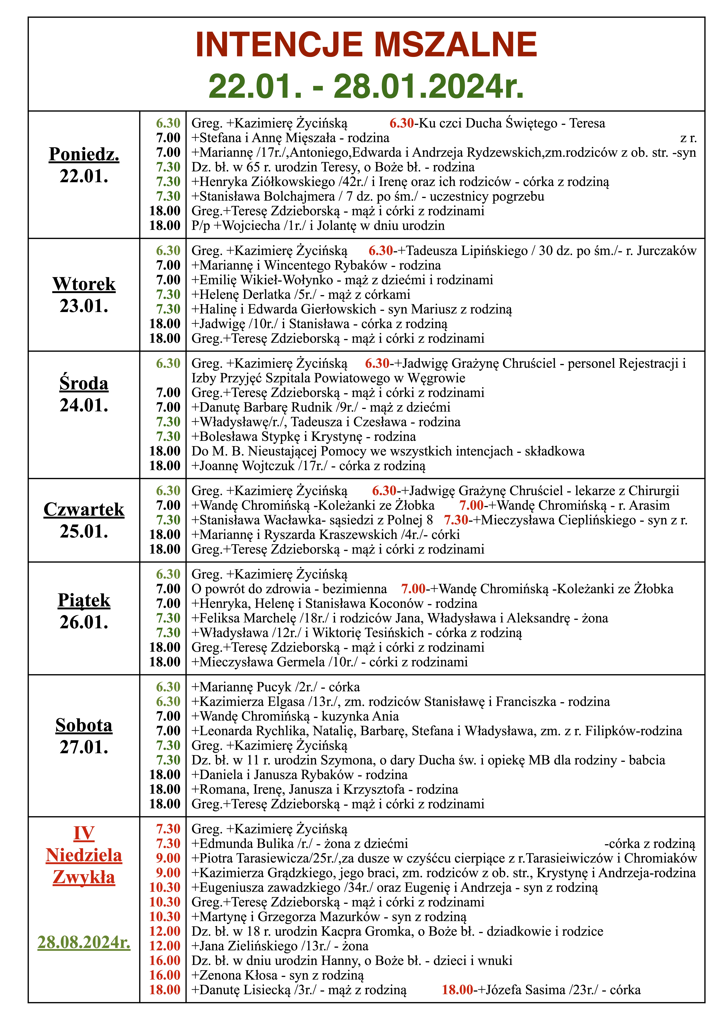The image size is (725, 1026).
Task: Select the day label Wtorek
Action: [x=84, y=284]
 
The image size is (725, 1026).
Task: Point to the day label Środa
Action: [x=84, y=383]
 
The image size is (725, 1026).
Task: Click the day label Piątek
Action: [x=84, y=600]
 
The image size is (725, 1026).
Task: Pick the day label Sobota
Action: [x=84, y=725]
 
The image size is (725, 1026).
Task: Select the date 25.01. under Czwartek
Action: [x=84, y=531]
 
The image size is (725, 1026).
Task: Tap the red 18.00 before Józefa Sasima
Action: [x=457, y=990]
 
